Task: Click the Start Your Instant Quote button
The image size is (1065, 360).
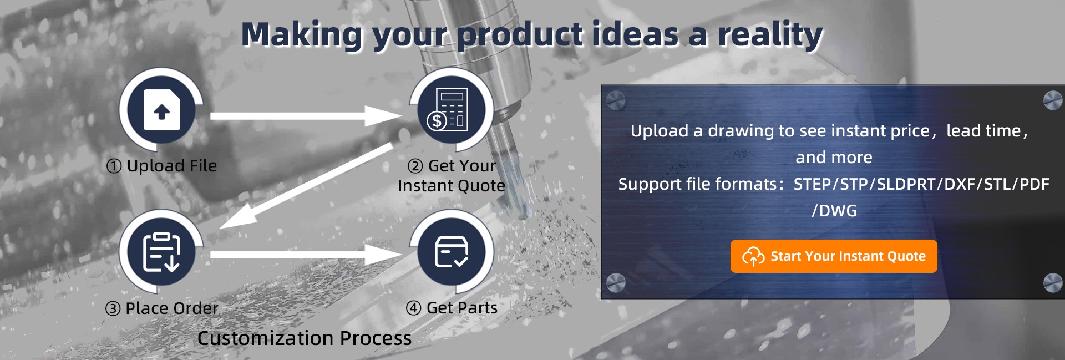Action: tap(834, 256)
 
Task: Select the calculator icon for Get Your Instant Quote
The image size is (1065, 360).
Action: tap(452, 109)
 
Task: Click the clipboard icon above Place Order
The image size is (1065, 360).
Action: tap(161, 252)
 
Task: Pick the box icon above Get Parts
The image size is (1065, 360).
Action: tap(452, 252)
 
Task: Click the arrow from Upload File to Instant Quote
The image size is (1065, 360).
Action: tap(306, 116)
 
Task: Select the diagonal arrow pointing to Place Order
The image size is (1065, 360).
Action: tap(306, 186)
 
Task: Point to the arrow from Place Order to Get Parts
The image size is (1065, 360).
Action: tap(306, 255)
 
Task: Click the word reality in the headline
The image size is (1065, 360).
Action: tap(770, 35)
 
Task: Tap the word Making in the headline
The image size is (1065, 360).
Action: tap(302, 35)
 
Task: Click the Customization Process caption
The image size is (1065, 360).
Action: tap(305, 338)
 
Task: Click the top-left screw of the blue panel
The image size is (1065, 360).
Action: tap(616, 100)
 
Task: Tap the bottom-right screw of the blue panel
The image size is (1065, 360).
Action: tap(1053, 282)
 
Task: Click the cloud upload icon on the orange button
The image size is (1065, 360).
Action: tap(753, 256)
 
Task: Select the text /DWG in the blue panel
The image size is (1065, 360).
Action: tap(834, 211)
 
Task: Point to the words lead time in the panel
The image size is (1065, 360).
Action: tap(983, 131)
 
